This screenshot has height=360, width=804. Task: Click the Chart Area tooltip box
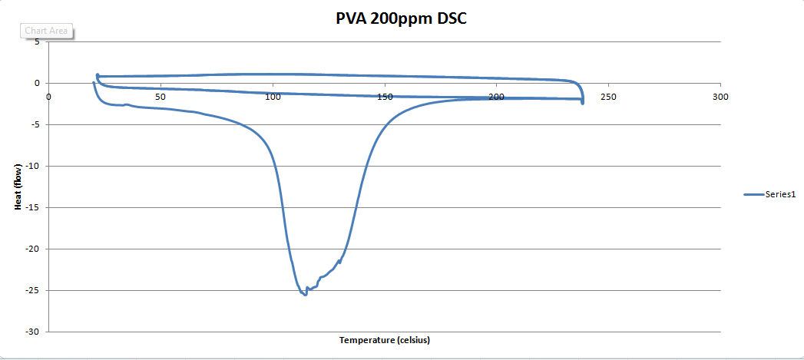(x=46, y=31)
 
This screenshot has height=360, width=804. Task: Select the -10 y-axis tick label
(x=32, y=167)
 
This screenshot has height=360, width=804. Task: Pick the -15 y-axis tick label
(x=32, y=208)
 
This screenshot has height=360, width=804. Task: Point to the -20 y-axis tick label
(x=32, y=249)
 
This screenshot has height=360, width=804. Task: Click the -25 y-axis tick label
(x=32, y=291)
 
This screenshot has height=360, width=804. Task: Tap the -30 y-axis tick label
(x=32, y=332)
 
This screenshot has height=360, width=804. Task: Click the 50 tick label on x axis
(x=160, y=97)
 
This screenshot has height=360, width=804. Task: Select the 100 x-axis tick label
(x=272, y=97)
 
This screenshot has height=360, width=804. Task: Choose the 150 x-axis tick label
(x=384, y=97)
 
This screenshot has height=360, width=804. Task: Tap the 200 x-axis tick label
(x=496, y=97)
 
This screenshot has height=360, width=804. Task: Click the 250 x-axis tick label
(x=608, y=97)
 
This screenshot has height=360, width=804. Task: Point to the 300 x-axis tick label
(x=720, y=97)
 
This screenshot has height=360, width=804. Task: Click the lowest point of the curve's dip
(x=305, y=294)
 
